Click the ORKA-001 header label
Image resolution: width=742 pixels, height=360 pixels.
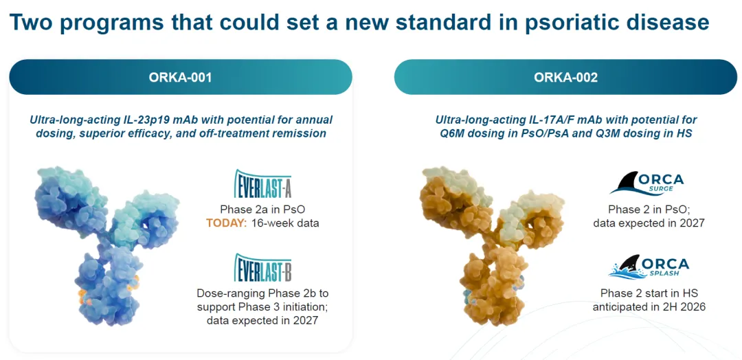pos(180,77)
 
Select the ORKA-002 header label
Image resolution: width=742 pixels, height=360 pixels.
pos(565,77)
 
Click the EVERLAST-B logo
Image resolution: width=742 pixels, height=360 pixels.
pos(262,268)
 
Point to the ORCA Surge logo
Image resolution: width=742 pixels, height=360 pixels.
pos(647,184)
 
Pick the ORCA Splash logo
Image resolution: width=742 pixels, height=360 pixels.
pos(649,267)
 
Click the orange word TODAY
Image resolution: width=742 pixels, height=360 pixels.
pos(226,223)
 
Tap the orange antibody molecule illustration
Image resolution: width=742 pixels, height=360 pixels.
pos(492,245)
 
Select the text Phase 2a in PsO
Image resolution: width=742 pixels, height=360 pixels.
pos(262,210)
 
